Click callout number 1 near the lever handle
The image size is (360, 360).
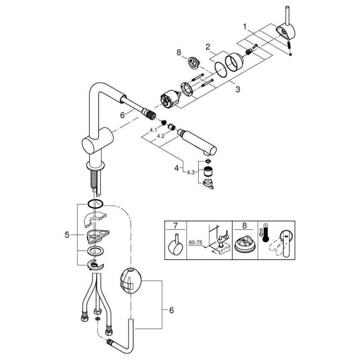[245, 27]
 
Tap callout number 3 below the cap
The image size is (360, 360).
[237, 89]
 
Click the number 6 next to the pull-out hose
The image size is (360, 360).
[122, 115]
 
